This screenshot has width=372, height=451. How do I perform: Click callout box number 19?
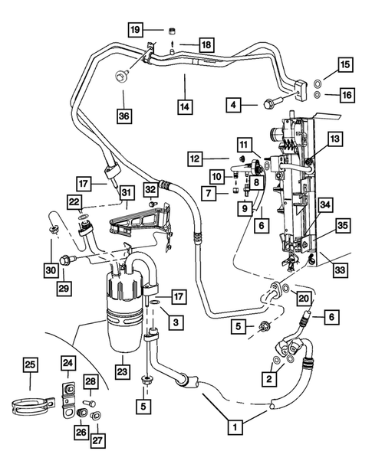point(135,30)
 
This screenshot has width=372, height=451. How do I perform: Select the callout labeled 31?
point(127,192)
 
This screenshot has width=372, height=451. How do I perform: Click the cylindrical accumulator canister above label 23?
point(125,302)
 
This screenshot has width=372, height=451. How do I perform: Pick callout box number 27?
point(97,440)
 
